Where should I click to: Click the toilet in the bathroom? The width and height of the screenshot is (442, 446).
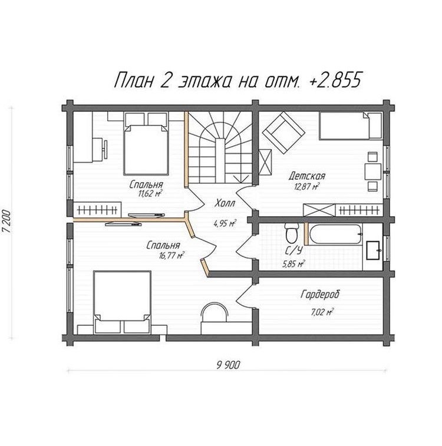292,232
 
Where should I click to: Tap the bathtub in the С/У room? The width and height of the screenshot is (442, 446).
335,234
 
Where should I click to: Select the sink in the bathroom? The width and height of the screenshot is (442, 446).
373,250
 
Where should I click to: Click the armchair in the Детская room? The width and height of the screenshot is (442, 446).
283,133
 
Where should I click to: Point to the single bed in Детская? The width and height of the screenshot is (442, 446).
351,126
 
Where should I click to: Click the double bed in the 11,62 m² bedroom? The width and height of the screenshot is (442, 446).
146,144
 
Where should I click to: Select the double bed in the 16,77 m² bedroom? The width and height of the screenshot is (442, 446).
123,302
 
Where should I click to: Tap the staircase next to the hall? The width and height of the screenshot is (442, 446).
220,147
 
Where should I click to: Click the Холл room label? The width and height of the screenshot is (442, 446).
225,204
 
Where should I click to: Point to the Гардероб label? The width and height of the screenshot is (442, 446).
320,295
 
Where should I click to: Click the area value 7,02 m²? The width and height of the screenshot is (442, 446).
322,312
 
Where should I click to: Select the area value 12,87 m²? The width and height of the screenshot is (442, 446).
307,187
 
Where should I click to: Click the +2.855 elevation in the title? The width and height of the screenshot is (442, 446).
335,80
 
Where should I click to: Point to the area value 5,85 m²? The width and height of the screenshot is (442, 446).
293,265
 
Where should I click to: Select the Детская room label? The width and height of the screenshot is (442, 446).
306,176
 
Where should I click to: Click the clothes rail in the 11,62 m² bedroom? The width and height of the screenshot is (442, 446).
98,210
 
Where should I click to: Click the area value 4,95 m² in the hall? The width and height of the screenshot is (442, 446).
225,223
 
